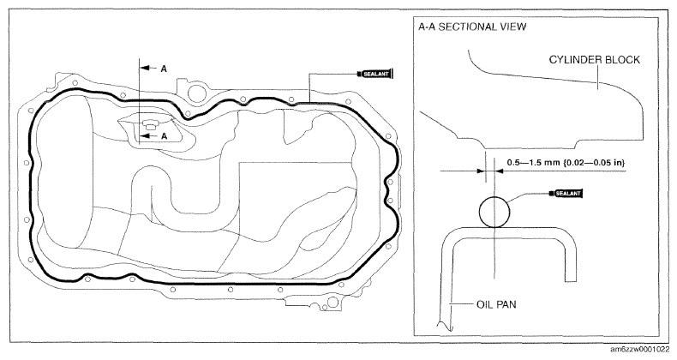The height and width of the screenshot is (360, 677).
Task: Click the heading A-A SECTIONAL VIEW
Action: coord(472,27)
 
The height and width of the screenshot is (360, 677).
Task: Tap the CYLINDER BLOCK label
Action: coord(595,59)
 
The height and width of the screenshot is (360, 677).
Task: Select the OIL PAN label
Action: coord(496,305)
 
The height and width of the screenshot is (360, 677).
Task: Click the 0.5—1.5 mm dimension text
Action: coord(566,163)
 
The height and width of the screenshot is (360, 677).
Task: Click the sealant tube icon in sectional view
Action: coord(566,193)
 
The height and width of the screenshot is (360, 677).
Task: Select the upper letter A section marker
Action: coord(164,69)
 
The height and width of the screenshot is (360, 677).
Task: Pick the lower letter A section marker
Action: coord(164,136)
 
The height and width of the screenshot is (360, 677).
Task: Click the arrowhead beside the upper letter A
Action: coord(145,69)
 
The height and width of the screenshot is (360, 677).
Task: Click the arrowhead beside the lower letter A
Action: coord(145,136)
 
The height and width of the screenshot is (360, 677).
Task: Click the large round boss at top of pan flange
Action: coord(196,92)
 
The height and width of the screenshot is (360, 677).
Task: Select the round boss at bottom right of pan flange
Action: coord(333,302)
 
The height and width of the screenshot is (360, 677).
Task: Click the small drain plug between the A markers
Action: coord(150,125)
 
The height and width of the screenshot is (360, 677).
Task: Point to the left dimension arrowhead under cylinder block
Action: coord(479,171)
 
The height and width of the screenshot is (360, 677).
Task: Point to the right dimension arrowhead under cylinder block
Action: coord(499,171)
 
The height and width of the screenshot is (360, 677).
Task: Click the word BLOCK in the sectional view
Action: coord(622,59)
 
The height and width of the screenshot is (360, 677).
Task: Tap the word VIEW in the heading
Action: coord(513,27)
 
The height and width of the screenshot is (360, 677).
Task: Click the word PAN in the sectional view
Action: coord(506,305)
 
